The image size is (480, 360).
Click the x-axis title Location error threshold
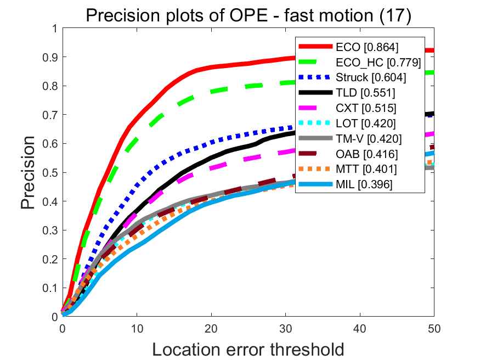(x=248, y=349)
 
